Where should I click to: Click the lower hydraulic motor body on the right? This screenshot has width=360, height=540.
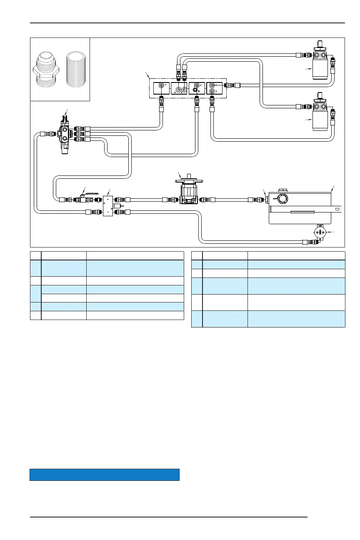(320, 121)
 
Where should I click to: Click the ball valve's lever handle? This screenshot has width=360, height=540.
(93, 193)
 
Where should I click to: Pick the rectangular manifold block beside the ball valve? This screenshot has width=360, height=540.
(108, 206)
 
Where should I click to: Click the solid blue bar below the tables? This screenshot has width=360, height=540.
(104, 475)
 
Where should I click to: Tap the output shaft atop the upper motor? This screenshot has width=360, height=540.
(320, 44)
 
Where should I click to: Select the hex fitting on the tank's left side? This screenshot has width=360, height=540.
(267, 200)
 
